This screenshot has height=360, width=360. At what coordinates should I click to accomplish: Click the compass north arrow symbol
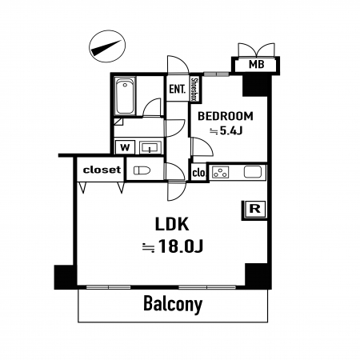(x=107, y=46)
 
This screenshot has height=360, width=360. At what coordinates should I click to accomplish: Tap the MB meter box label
(x=256, y=64)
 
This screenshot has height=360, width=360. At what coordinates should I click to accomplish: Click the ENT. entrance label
(x=177, y=89)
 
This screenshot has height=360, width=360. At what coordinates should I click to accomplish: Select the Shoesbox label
(x=194, y=90)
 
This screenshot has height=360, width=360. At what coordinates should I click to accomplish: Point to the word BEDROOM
(x=226, y=116)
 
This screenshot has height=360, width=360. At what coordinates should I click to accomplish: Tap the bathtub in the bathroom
(x=125, y=96)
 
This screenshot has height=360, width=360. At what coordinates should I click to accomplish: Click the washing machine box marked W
(x=125, y=147)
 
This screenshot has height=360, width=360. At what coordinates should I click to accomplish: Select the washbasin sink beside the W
(x=150, y=147)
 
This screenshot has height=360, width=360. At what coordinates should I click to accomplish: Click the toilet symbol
(x=142, y=170)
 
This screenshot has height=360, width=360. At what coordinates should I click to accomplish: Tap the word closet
(x=102, y=170)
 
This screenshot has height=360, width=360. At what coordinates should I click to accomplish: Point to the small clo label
(x=198, y=173)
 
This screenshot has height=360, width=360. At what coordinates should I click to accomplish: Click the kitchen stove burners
(x=220, y=172)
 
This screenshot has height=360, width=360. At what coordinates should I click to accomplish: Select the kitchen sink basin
(x=253, y=171)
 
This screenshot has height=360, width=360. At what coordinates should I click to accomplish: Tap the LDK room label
(x=172, y=224)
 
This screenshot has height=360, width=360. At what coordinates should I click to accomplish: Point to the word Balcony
(x=173, y=304)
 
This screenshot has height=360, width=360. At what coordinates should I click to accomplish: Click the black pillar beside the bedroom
(x=255, y=86)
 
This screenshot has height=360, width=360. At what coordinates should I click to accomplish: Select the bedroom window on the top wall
(x=216, y=74)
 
